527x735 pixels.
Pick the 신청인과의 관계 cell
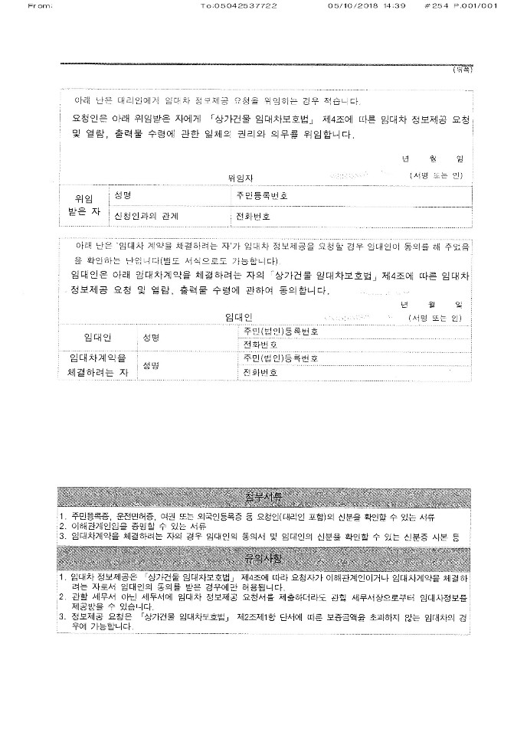[x=146, y=216]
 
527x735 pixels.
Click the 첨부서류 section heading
[x=263, y=497]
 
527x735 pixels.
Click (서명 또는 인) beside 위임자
[x=436, y=176]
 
